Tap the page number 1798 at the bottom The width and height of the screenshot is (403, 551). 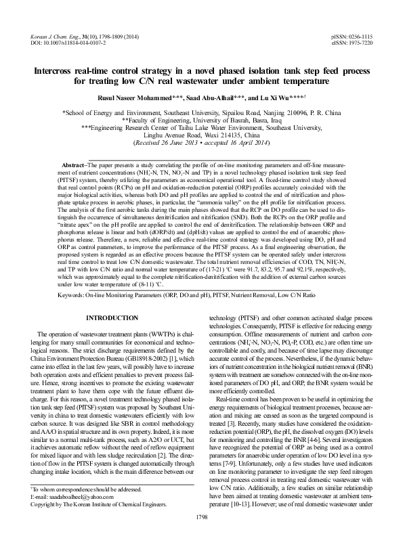click(201, 535)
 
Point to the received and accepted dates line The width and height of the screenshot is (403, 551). click(201, 143)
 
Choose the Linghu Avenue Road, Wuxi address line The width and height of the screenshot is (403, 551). click(201, 135)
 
